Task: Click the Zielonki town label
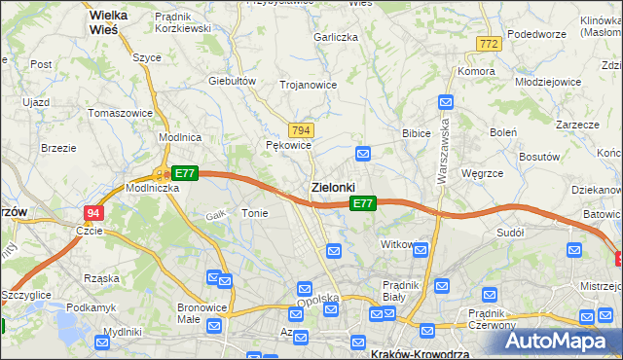coord(332,186)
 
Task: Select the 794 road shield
coord(301,129)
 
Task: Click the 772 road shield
coord(490,44)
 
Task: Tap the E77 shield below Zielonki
coord(362,203)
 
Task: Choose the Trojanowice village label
coord(308,85)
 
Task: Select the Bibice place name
coord(416,132)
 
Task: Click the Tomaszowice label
coord(120,113)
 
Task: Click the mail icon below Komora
coord(446,101)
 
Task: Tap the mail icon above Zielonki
coord(363,153)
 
